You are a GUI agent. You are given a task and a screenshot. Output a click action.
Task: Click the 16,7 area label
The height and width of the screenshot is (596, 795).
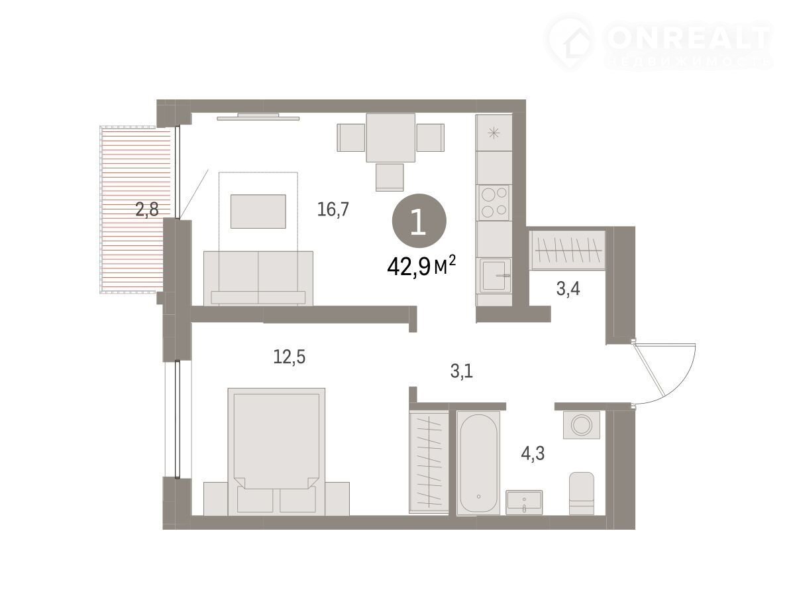333,209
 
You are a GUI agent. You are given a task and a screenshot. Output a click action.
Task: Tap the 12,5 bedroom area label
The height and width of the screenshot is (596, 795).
289,357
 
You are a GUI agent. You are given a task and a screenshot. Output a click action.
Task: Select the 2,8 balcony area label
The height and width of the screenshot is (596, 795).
147,209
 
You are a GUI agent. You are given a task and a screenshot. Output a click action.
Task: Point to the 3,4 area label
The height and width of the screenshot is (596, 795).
568,289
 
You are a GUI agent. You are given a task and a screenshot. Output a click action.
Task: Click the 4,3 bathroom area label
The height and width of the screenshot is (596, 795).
533,453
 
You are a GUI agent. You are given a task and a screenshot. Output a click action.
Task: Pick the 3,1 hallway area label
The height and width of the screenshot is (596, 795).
461,371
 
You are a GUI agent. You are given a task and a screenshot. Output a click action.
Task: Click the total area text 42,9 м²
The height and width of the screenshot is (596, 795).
421,267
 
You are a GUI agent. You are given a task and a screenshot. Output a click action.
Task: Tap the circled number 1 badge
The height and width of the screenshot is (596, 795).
419,221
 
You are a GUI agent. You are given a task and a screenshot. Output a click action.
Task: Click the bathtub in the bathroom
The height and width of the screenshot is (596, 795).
478,463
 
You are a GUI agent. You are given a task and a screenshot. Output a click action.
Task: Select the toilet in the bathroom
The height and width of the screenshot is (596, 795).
581,493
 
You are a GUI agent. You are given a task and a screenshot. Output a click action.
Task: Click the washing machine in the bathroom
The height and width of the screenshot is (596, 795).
581,425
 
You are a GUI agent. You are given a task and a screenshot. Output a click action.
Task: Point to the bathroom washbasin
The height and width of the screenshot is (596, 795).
524,502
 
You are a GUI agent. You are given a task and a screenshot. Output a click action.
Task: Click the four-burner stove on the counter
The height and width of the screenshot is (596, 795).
494,203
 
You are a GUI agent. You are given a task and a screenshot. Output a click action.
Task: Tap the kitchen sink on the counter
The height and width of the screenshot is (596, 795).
494,275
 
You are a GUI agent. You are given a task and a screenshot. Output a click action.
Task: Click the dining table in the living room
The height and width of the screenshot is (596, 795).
390,138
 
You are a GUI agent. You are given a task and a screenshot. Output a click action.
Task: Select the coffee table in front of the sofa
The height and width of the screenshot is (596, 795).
258,211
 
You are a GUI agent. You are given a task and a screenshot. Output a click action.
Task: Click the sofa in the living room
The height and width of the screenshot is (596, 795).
258,278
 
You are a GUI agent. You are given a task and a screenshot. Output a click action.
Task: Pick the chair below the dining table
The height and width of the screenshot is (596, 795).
390,177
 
